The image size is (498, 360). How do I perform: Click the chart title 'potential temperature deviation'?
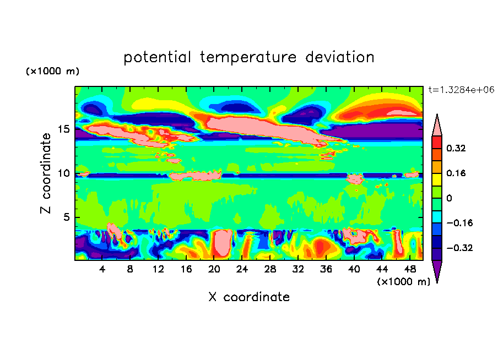249,57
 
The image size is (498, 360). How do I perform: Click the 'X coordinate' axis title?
249,297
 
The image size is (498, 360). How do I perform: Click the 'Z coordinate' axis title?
46,173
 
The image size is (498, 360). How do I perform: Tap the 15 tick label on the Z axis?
64,129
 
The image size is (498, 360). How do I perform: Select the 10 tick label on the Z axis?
64,173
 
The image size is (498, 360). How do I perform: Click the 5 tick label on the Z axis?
67,217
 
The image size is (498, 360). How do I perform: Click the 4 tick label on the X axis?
102,269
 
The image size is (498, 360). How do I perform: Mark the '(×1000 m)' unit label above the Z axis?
52,72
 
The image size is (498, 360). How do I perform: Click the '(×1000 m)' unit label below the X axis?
403,282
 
